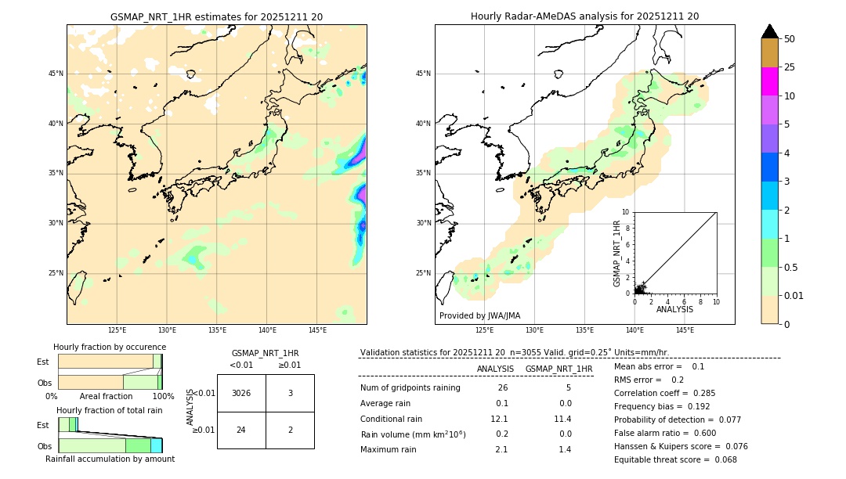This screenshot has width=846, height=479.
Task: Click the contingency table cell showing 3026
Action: [241, 393]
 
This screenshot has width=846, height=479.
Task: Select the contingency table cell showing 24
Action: [241, 430]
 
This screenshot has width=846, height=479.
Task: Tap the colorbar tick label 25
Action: [790, 67]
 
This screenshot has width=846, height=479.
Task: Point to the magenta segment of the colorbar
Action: [769, 81]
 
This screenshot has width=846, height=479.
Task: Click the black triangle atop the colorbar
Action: [769, 31]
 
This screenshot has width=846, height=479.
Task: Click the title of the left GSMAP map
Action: [216, 16]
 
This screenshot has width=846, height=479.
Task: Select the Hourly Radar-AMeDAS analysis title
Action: [584, 16]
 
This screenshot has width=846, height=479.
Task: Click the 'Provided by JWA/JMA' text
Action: [479, 315]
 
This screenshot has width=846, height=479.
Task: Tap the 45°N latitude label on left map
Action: [56, 74]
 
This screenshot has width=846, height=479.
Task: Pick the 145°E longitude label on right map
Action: [685, 330]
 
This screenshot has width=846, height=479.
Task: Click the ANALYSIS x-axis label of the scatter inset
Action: [674, 309]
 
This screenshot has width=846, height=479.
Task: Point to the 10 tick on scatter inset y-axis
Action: [626, 212]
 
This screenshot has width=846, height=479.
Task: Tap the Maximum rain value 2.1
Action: [501, 449]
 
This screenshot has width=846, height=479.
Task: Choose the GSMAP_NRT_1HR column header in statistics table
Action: [559, 369]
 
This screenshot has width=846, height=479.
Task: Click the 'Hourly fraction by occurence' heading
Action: [110, 347]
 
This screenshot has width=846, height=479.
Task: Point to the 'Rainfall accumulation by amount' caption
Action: [110, 459]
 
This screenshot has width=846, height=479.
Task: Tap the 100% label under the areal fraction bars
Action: [162, 396]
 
